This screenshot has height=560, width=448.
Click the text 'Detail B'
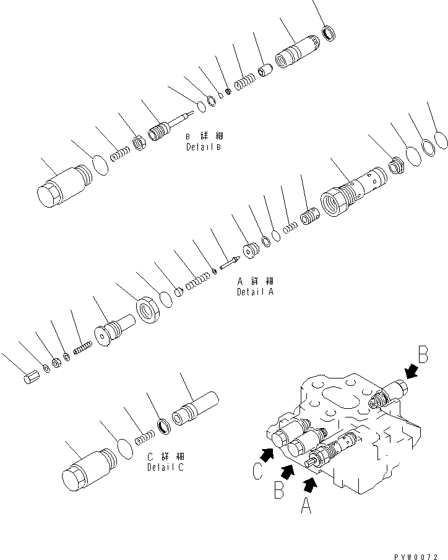203,147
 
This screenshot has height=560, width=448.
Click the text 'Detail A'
255,292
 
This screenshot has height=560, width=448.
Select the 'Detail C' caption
165,468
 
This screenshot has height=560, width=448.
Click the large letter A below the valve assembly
306,506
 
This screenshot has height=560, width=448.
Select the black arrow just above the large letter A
312,483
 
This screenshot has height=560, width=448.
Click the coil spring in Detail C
144,436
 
